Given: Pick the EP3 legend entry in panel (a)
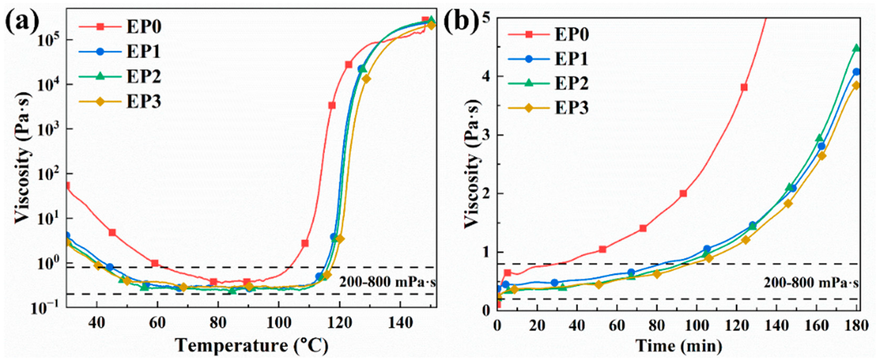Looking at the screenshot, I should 144,101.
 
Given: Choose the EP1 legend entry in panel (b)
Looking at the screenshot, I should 571,59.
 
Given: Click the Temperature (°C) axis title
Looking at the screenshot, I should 252,346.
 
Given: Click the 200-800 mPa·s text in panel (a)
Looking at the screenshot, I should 387,282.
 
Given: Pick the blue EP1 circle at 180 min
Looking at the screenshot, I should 856,72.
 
